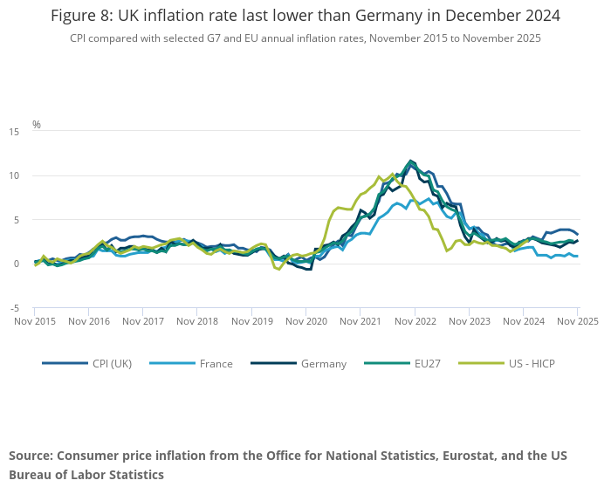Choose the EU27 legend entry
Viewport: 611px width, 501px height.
click(x=424, y=363)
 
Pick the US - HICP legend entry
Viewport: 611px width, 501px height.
click(x=525, y=363)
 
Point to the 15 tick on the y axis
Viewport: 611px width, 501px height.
click(x=13, y=132)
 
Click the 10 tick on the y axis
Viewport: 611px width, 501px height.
click(x=13, y=176)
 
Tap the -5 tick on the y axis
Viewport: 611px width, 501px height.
click(x=14, y=308)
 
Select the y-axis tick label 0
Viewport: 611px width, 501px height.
click(x=16, y=264)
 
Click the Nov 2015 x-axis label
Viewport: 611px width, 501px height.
click(x=35, y=321)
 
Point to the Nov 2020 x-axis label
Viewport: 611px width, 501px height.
click(x=305, y=321)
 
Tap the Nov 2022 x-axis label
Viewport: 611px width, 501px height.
click(x=415, y=321)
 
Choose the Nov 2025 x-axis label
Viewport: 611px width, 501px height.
click(x=577, y=321)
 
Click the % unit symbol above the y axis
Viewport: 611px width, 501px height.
click(x=37, y=125)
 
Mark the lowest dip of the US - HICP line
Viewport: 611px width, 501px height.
click(x=278, y=269)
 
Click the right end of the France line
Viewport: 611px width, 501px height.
click(x=577, y=257)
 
